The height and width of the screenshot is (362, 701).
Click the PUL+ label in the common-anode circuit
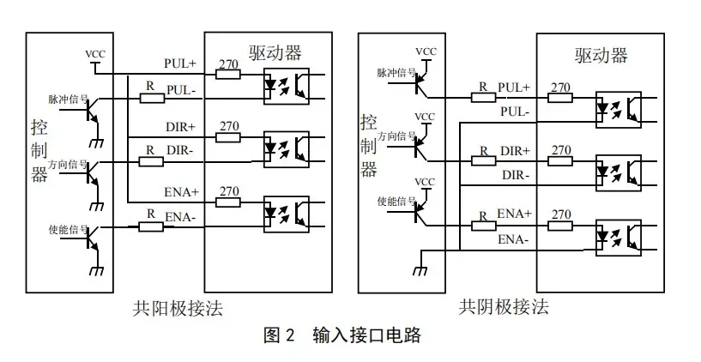(180, 63)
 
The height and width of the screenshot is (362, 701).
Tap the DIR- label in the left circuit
(179, 151)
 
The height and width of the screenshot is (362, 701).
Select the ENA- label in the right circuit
(514, 240)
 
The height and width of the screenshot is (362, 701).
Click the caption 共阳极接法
(178, 308)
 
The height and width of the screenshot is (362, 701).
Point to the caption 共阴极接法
(504, 307)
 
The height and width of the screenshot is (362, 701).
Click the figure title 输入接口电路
(366, 335)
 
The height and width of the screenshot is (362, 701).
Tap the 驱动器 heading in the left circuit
(275, 52)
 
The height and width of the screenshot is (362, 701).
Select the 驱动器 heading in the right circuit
(601, 56)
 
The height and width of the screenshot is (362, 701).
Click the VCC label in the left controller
(95, 54)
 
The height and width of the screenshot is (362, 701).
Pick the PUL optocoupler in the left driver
(286, 86)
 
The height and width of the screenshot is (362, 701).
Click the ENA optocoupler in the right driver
(619, 238)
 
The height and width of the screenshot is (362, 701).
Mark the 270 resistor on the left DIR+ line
(228, 137)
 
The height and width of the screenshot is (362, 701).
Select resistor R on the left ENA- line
(151, 227)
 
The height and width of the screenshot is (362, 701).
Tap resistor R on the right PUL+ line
(483, 97)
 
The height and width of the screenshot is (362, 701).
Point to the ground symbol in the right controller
(420, 270)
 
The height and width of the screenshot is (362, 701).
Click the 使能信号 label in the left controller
(69, 230)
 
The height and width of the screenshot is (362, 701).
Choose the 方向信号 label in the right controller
(396, 136)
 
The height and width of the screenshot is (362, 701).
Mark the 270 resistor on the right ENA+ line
(560, 226)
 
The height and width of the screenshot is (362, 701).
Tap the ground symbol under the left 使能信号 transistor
(97, 271)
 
